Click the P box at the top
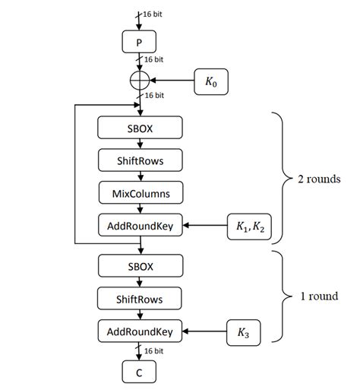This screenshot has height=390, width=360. click(x=139, y=41)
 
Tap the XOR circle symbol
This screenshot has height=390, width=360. click(x=139, y=80)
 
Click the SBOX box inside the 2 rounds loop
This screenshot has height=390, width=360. click(x=140, y=127)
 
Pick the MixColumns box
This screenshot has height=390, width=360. click(x=140, y=193)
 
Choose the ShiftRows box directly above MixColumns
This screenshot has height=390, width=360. click(x=140, y=160)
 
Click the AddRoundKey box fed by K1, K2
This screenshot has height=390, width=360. click(x=140, y=226)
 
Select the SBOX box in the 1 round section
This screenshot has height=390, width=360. click(x=140, y=265)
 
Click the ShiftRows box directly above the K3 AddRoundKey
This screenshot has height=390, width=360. click(x=140, y=298)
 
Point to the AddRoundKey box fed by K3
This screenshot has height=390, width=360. click(x=140, y=331)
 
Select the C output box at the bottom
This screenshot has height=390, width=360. click(x=139, y=371)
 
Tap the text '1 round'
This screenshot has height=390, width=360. click(x=319, y=296)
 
